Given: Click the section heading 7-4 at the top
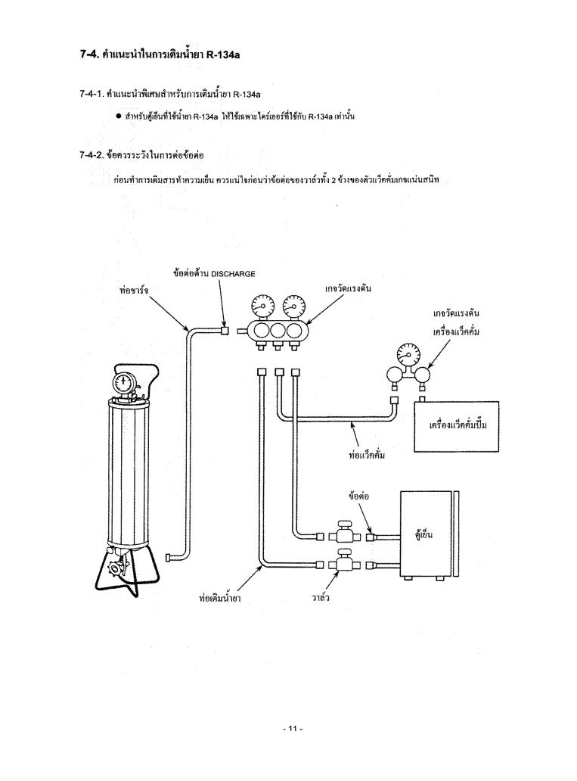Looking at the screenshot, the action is click(x=160, y=54).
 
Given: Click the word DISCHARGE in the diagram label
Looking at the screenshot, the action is click(x=233, y=273).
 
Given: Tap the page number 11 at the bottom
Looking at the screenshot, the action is click(x=292, y=729).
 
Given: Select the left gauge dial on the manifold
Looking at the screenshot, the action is click(x=262, y=305).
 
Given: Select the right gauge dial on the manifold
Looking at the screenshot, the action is click(x=292, y=305).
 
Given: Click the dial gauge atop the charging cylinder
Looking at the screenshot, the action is click(x=124, y=382).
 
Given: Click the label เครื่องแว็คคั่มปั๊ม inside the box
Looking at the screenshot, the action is click(x=458, y=425).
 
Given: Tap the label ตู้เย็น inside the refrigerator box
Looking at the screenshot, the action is click(x=423, y=534).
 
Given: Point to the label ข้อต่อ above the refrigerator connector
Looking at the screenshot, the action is click(x=358, y=496).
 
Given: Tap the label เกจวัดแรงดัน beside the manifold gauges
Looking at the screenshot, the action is click(x=349, y=288).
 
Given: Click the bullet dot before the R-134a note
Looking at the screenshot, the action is click(x=119, y=117).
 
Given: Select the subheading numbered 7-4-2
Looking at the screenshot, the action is click(x=141, y=155).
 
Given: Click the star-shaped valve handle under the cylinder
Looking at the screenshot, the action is click(x=117, y=568).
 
